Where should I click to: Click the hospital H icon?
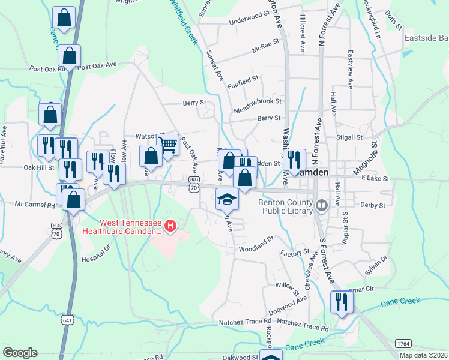170,226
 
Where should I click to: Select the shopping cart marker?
169,144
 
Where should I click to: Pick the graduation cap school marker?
228,199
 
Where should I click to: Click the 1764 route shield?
403,343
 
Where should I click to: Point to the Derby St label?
373,205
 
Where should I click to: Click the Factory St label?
298,252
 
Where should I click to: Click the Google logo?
20,352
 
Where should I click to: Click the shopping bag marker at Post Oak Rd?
70,56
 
